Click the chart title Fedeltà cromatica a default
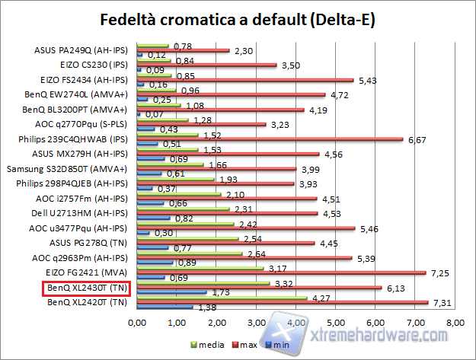point(238,18)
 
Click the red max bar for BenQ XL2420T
point(282,302)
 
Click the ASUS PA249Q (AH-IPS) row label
point(83,51)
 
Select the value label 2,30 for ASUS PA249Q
point(243,50)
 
